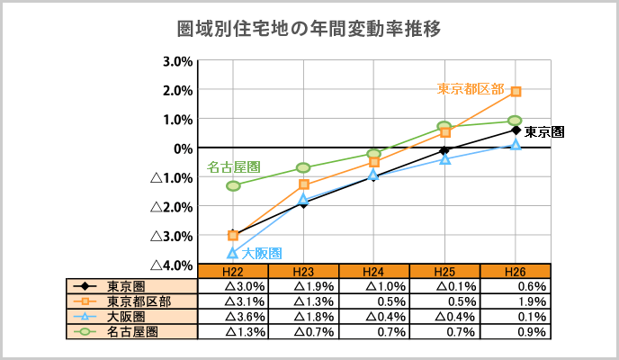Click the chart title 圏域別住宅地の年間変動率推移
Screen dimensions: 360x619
309,29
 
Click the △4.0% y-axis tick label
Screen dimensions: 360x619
172,265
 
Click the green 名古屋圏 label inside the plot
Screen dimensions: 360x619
234,167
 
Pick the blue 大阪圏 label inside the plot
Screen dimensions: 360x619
262,254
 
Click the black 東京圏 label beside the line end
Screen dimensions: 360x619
544,131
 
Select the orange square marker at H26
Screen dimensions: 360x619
516,91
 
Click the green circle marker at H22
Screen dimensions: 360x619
233,185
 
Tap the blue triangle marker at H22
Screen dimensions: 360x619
233,253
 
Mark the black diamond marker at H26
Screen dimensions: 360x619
516,130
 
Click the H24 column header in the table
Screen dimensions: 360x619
374,272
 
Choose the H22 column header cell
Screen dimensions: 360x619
233,272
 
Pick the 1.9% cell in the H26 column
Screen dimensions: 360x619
516,301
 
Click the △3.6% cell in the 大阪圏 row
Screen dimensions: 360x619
233,316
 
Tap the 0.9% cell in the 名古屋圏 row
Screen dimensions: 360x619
516,331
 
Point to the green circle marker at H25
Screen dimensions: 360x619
444,126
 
